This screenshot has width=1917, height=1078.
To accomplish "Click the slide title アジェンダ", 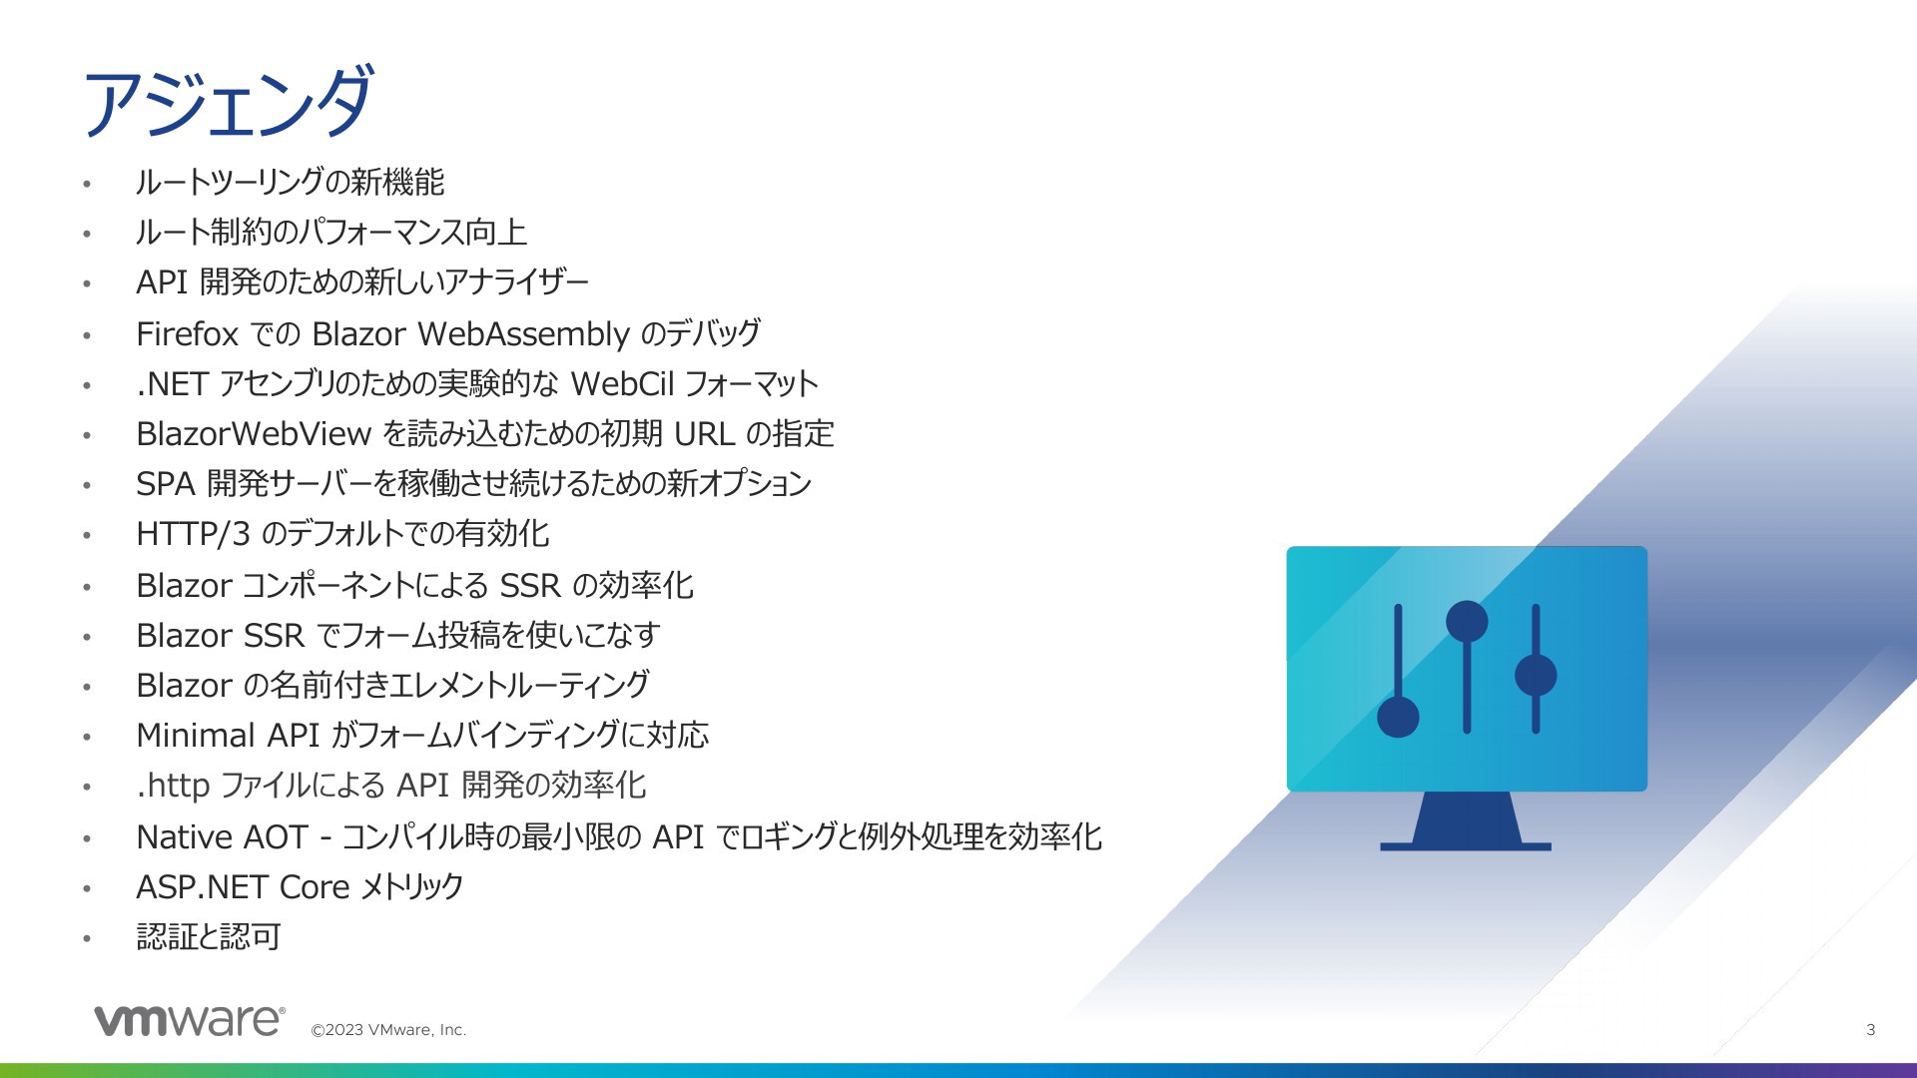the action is click(x=229, y=102).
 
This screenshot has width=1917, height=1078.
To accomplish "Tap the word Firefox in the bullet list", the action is click(x=187, y=333).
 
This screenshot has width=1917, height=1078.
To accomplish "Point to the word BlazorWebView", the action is click(x=254, y=433).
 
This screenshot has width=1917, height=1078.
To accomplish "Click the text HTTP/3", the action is click(x=193, y=534).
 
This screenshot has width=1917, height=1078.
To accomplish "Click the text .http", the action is click(x=173, y=786).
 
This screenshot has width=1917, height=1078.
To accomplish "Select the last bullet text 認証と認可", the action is click(x=209, y=937).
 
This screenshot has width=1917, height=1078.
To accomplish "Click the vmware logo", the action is click(x=190, y=1020).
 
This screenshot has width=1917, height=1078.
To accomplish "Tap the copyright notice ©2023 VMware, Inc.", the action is click(x=388, y=1030).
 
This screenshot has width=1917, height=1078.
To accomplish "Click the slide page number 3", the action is click(x=1870, y=1029).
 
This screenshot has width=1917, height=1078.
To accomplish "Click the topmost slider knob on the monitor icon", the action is click(x=1467, y=621).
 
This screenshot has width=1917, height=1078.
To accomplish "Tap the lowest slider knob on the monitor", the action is click(x=1398, y=717).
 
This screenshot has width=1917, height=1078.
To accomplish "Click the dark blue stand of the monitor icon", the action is click(x=1466, y=820).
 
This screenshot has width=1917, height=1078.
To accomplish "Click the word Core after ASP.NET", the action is click(x=315, y=886).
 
